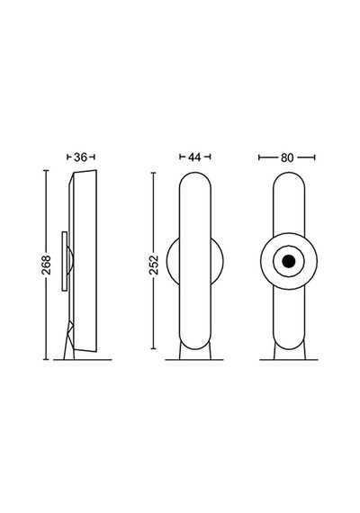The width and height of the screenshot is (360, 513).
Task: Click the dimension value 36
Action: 80,157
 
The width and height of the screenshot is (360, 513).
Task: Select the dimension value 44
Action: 194,157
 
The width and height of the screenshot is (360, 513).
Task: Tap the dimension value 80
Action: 287,158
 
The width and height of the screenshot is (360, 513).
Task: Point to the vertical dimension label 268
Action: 46,265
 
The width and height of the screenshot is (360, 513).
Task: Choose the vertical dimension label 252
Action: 154,265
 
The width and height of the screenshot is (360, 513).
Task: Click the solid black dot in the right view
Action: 289,261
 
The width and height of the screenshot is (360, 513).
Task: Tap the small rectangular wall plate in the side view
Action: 65,261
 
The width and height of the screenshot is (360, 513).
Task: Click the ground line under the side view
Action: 83,360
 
